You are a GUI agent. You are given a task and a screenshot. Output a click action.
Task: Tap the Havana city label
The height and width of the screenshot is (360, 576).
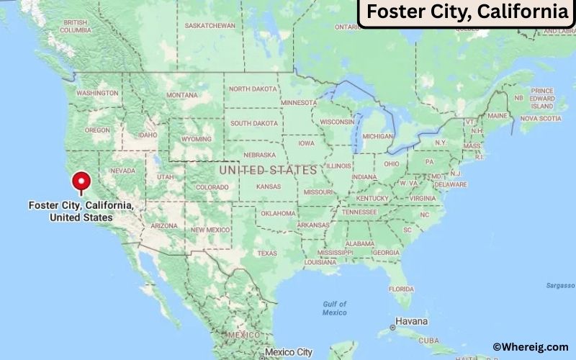pyautogui.click(x=412, y=321)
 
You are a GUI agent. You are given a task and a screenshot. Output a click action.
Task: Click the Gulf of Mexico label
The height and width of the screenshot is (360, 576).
pyautogui.click(x=335, y=308)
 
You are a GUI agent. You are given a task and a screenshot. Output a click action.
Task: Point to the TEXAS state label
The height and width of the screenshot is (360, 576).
pyautogui.click(x=267, y=253)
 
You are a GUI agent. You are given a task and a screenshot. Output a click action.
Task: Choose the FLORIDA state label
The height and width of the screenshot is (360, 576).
pyautogui.click(x=401, y=289)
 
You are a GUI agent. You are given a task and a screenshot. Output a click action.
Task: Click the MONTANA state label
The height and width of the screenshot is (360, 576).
pyautogui.click(x=181, y=95)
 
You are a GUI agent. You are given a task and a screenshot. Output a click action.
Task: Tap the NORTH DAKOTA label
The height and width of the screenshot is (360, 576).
pyautogui.click(x=252, y=89)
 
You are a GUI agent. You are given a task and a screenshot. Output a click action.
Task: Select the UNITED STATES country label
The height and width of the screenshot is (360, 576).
pyautogui.click(x=268, y=171)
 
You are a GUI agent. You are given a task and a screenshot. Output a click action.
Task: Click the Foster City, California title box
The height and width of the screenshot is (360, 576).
pyautogui.click(x=466, y=12)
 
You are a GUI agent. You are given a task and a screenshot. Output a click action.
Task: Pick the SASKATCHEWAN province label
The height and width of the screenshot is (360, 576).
pyautogui.click(x=210, y=25)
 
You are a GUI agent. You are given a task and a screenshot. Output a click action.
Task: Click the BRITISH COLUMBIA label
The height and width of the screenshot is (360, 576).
pyautogui.click(x=75, y=26)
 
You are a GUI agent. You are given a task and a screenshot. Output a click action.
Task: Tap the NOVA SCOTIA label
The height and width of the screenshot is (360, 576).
pyautogui.click(x=540, y=118)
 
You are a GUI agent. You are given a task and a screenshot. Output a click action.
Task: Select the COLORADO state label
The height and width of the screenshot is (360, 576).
pyautogui.click(x=212, y=187)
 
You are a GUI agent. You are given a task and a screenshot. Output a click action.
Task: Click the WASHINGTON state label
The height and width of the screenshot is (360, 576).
pyautogui.click(x=97, y=94)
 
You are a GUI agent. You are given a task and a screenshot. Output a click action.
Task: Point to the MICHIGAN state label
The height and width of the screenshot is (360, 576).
pyautogui.click(x=378, y=136)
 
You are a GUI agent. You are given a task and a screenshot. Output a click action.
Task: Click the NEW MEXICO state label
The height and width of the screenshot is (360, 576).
pyautogui.click(x=210, y=230)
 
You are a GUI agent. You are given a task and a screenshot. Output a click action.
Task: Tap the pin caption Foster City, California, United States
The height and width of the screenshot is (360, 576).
pyautogui.click(x=81, y=211)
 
